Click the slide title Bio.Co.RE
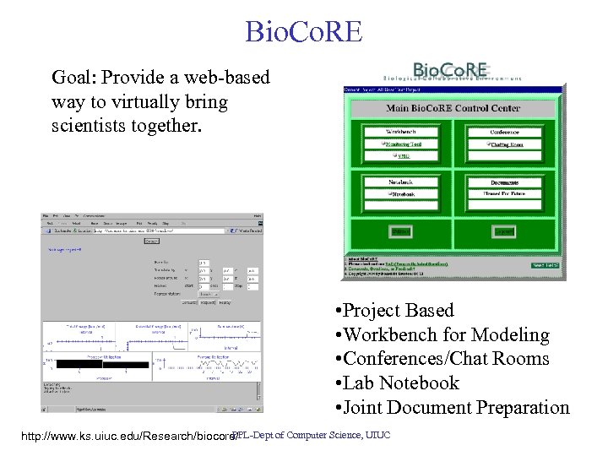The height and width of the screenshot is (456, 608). (303, 31)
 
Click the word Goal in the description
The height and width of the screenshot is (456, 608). (73, 79)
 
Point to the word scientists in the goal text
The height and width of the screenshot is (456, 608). (88, 127)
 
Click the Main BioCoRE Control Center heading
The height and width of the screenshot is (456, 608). (453, 108)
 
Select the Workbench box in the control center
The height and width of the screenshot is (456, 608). (401, 132)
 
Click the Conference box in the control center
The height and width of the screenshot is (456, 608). (504, 132)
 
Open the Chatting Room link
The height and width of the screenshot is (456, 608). (505, 144)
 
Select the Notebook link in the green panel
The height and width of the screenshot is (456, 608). (402, 193)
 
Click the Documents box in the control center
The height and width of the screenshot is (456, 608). (504, 182)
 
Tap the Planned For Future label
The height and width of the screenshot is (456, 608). (504, 193)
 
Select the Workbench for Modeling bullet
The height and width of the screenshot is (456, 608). (442, 335)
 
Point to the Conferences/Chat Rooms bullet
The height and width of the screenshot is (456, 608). (442, 359)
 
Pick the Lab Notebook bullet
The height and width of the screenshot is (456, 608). (397, 383)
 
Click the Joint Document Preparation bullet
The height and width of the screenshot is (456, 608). (452, 408)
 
